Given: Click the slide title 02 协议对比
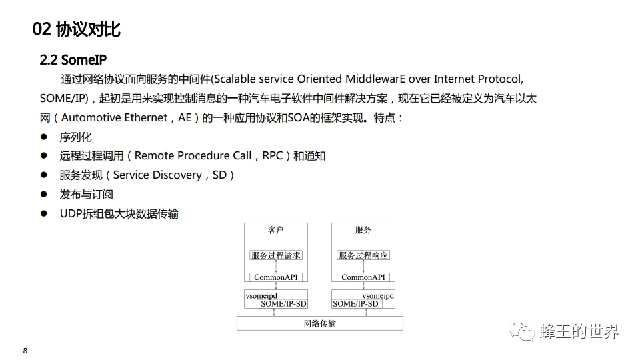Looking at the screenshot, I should click(x=76, y=29).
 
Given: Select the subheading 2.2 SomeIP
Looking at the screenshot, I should click(x=73, y=60).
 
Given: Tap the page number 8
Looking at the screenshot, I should click(x=25, y=351).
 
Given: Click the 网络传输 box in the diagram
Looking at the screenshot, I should click(x=320, y=324).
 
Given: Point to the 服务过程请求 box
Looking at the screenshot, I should click(x=276, y=255).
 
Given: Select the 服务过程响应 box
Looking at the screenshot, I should click(x=363, y=255).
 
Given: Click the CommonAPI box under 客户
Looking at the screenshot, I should click(x=276, y=277).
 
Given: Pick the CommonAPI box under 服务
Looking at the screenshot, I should click(x=363, y=277).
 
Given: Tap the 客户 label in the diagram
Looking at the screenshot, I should click(x=276, y=230).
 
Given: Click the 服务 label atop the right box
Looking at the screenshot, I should click(x=363, y=230).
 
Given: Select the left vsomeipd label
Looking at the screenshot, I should click(x=261, y=295).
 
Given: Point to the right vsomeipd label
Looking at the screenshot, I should click(x=378, y=295).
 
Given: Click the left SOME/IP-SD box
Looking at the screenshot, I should click(x=283, y=303).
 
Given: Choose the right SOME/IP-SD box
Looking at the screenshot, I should click(x=355, y=303).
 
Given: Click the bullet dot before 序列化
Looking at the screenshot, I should click(x=44, y=137).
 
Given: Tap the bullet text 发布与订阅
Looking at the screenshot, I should click(x=86, y=195).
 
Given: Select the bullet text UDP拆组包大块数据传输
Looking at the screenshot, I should click(x=119, y=214).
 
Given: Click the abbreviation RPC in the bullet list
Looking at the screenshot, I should click(x=272, y=156).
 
